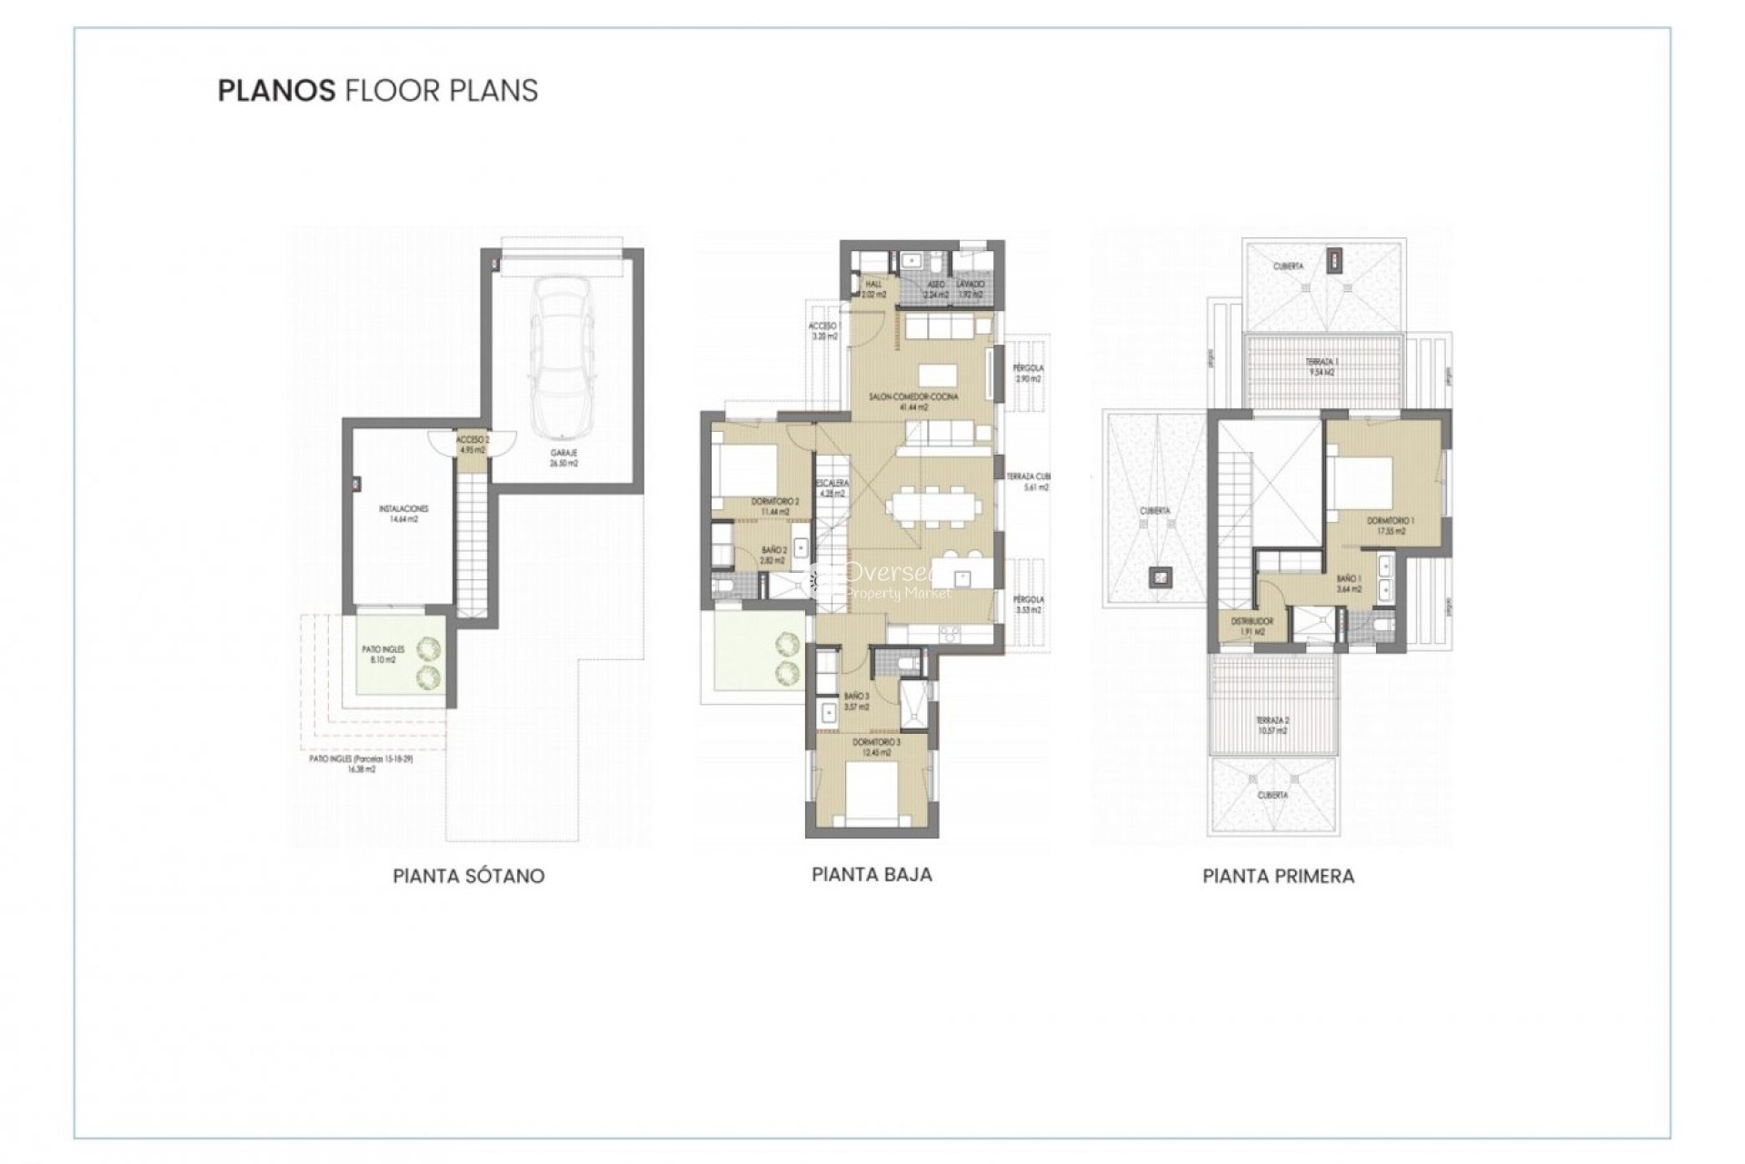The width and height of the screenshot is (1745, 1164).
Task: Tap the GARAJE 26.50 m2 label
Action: click(563, 457)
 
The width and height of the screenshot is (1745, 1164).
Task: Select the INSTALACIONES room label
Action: click(404, 514)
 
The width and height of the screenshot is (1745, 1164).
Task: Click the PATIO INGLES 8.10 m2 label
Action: click(383, 655)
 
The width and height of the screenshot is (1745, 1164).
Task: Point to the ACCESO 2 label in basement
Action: click(474, 444)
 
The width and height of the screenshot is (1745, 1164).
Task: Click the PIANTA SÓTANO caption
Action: click(468, 876)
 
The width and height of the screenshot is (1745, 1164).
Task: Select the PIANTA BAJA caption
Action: click(872, 875)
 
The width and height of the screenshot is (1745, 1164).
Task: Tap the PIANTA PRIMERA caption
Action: click(1278, 876)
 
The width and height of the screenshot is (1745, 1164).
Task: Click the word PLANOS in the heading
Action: click(276, 91)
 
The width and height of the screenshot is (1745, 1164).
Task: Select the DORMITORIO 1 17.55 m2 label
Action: click(1391, 526)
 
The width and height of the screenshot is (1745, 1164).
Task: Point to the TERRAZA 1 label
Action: click(1320, 366)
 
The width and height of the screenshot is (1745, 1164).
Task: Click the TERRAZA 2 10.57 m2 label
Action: click(1272, 725)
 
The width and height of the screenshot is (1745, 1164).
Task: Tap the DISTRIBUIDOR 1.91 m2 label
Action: click(1252, 626)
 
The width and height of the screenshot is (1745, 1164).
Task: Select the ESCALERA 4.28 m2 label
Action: click(833, 488)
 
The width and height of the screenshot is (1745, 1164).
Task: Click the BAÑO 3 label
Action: click(856, 701)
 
